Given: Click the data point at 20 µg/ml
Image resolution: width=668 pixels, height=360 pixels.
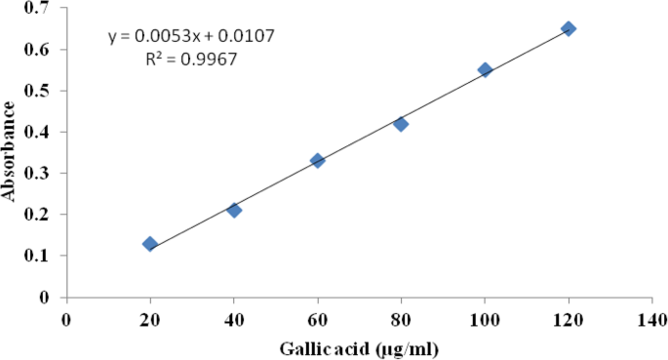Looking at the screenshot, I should [150, 244].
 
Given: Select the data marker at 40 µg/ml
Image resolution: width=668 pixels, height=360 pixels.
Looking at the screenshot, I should [234, 210].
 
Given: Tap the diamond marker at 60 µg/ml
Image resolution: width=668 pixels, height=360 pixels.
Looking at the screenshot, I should [317, 160].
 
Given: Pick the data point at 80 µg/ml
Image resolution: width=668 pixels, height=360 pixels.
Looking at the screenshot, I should [401, 124].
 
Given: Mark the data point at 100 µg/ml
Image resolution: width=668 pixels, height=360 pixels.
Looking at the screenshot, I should [485, 70].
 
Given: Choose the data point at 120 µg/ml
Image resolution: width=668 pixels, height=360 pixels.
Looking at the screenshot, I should [569, 28].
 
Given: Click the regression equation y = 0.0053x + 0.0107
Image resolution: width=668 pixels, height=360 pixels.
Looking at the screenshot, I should [191, 36].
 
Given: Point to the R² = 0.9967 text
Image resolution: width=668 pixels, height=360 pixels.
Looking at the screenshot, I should [191, 59].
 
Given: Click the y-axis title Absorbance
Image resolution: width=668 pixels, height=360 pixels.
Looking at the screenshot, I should [11, 151].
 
